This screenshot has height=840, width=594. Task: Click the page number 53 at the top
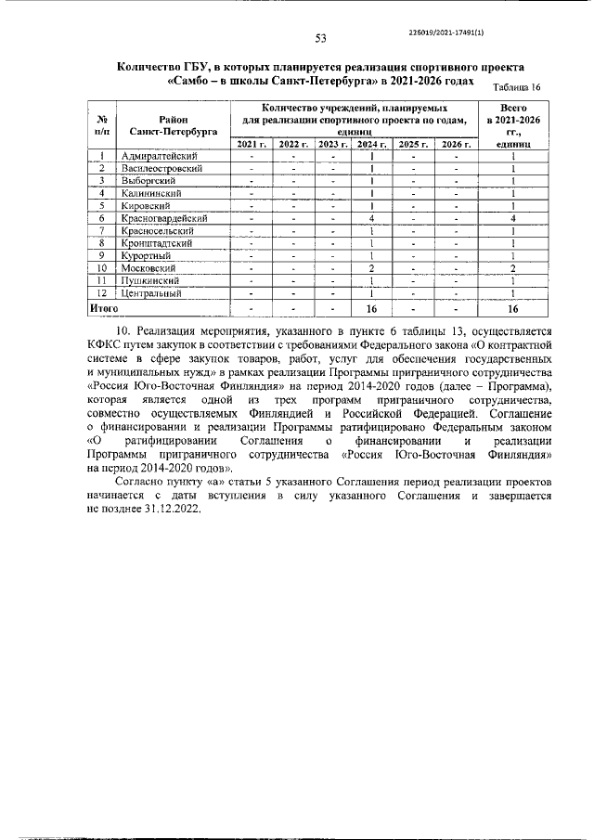pos(321,38)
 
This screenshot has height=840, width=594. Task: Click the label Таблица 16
pos(517,87)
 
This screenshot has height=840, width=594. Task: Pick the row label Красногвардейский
pos(164,217)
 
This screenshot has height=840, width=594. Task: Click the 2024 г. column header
pos(371,144)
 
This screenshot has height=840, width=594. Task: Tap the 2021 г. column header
pos(252,144)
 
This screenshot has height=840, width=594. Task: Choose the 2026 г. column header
pos(456,144)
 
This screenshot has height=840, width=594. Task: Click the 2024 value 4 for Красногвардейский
pos(371,217)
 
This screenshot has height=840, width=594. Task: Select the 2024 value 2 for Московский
pos(371,267)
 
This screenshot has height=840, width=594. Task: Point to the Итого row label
pos(103,305)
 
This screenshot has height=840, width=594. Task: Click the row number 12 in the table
pos(105,292)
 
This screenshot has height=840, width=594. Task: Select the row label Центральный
pos(151,292)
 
